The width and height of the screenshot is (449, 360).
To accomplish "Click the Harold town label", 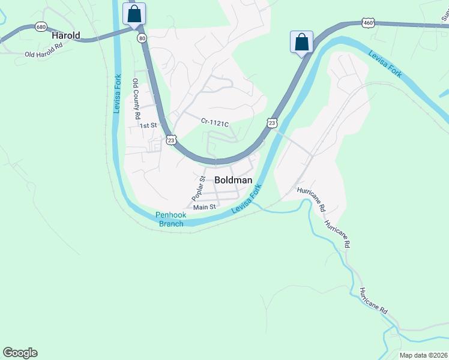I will [66, 35].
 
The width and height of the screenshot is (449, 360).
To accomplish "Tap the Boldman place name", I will [234, 179].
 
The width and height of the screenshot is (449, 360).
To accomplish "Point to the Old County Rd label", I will [136, 98].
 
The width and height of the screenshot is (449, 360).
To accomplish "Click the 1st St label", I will [148, 125].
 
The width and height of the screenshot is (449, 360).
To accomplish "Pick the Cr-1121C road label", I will [215, 123].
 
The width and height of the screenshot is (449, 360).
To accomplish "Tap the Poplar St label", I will [199, 188].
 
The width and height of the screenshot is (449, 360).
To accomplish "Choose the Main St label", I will [204, 207].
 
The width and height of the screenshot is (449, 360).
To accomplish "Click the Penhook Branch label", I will [171, 219].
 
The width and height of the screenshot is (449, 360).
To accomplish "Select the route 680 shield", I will [41, 27].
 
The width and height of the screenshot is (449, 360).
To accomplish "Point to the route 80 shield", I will [142, 38].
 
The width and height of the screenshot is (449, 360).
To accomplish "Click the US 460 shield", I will [368, 23].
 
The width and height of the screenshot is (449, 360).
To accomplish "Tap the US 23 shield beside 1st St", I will [171, 139].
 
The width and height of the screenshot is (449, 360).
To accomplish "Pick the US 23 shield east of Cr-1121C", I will [273, 122].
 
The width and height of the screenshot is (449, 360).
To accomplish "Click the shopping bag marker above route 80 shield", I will [134, 13].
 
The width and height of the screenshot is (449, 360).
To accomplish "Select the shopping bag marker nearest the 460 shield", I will [301, 42].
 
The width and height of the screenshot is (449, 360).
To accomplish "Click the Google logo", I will [20, 353].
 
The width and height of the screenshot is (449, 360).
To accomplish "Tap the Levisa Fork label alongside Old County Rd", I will [118, 93].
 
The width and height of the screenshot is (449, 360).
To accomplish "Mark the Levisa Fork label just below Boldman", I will [248, 197].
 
